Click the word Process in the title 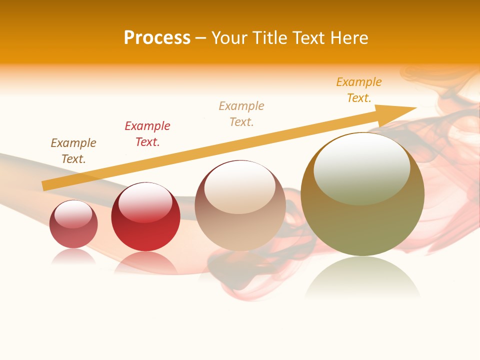[157, 38]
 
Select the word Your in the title [229, 38]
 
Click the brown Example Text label [73, 151]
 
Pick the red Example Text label [147, 134]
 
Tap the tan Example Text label [241, 114]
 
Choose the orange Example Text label [359, 90]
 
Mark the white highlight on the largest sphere [361, 167]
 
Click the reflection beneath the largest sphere [362, 277]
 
